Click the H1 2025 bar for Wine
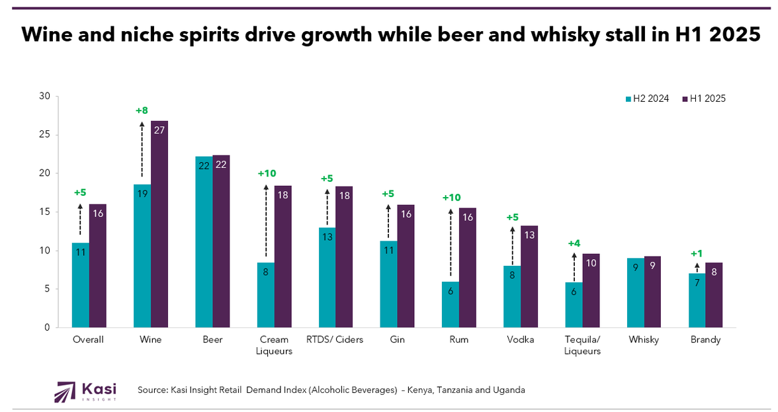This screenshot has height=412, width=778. (x=159, y=224)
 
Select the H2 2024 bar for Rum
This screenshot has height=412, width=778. (x=451, y=304)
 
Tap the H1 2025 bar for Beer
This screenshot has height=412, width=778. (x=221, y=241)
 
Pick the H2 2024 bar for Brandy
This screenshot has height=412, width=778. (x=697, y=300)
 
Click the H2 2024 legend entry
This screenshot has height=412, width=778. (x=648, y=99)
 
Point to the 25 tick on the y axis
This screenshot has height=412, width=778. (x=45, y=135)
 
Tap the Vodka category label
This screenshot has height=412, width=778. (x=520, y=340)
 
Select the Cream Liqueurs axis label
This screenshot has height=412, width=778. (x=274, y=345)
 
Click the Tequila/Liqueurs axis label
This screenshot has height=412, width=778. (x=582, y=345)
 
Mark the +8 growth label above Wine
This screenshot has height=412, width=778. (x=142, y=110)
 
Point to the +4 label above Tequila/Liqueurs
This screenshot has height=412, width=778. (x=574, y=243)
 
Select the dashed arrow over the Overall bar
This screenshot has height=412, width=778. (x=80, y=220)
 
